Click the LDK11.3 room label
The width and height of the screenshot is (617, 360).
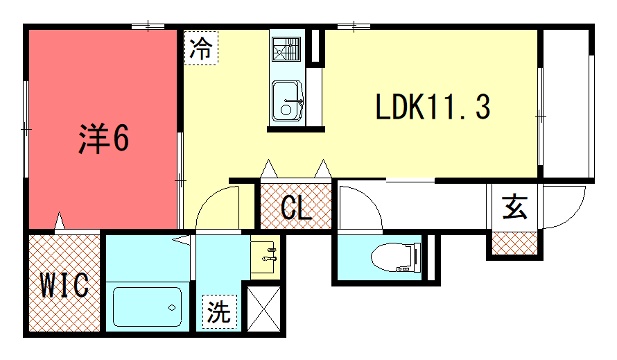(433, 107)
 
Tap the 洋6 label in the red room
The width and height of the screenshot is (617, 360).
(104, 138)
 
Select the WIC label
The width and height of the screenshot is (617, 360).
(65, 285)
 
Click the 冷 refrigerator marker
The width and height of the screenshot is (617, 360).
(201, 48)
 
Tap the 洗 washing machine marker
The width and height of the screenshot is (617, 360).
(219, 311)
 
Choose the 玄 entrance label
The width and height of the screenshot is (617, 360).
(515, 207)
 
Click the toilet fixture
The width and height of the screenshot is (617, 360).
(396, 258)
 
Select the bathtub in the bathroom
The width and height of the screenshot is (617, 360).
(148, 307)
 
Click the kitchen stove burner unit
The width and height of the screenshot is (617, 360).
(286, 49)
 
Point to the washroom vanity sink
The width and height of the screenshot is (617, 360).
(265, 257)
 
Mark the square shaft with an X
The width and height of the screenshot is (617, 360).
(263, 309)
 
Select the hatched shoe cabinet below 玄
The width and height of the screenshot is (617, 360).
(515, 243)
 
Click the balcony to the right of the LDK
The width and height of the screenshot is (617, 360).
(566, 103)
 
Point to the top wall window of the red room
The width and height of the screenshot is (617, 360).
(148, 26)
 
